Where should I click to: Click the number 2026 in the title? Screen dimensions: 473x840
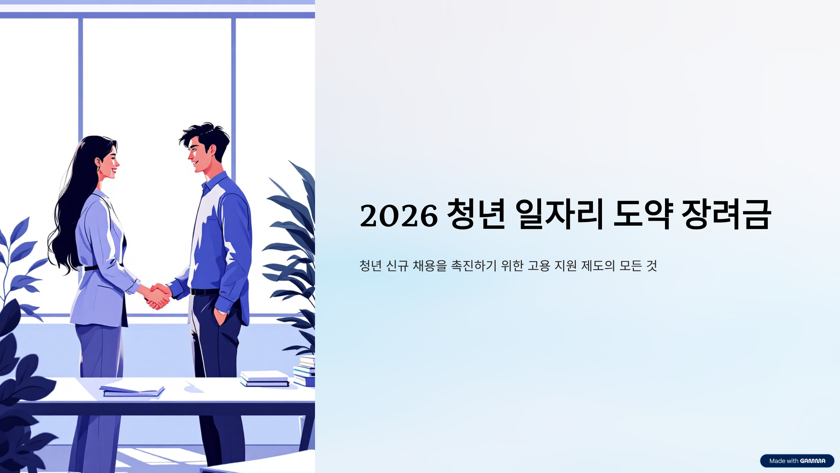click(x=399, y=215)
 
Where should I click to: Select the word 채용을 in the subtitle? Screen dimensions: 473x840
click(x=430, y=266)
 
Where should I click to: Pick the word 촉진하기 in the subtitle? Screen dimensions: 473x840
click(x=474, y=266)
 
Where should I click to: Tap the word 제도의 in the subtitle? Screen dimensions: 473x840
click(x=598, y=266)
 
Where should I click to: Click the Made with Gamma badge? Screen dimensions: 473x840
click(x=797, y=461)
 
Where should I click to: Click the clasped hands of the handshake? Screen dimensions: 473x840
click(x=158, y=296)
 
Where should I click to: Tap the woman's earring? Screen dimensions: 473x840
click(x=99, y=169)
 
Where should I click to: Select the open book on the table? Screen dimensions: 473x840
click(x=132, y=390)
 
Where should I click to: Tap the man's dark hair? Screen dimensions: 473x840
click(x=206, y=135)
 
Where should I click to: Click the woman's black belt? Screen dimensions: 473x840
click(x=92, y=268)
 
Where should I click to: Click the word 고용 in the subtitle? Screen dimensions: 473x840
click(x=539, y=266)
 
